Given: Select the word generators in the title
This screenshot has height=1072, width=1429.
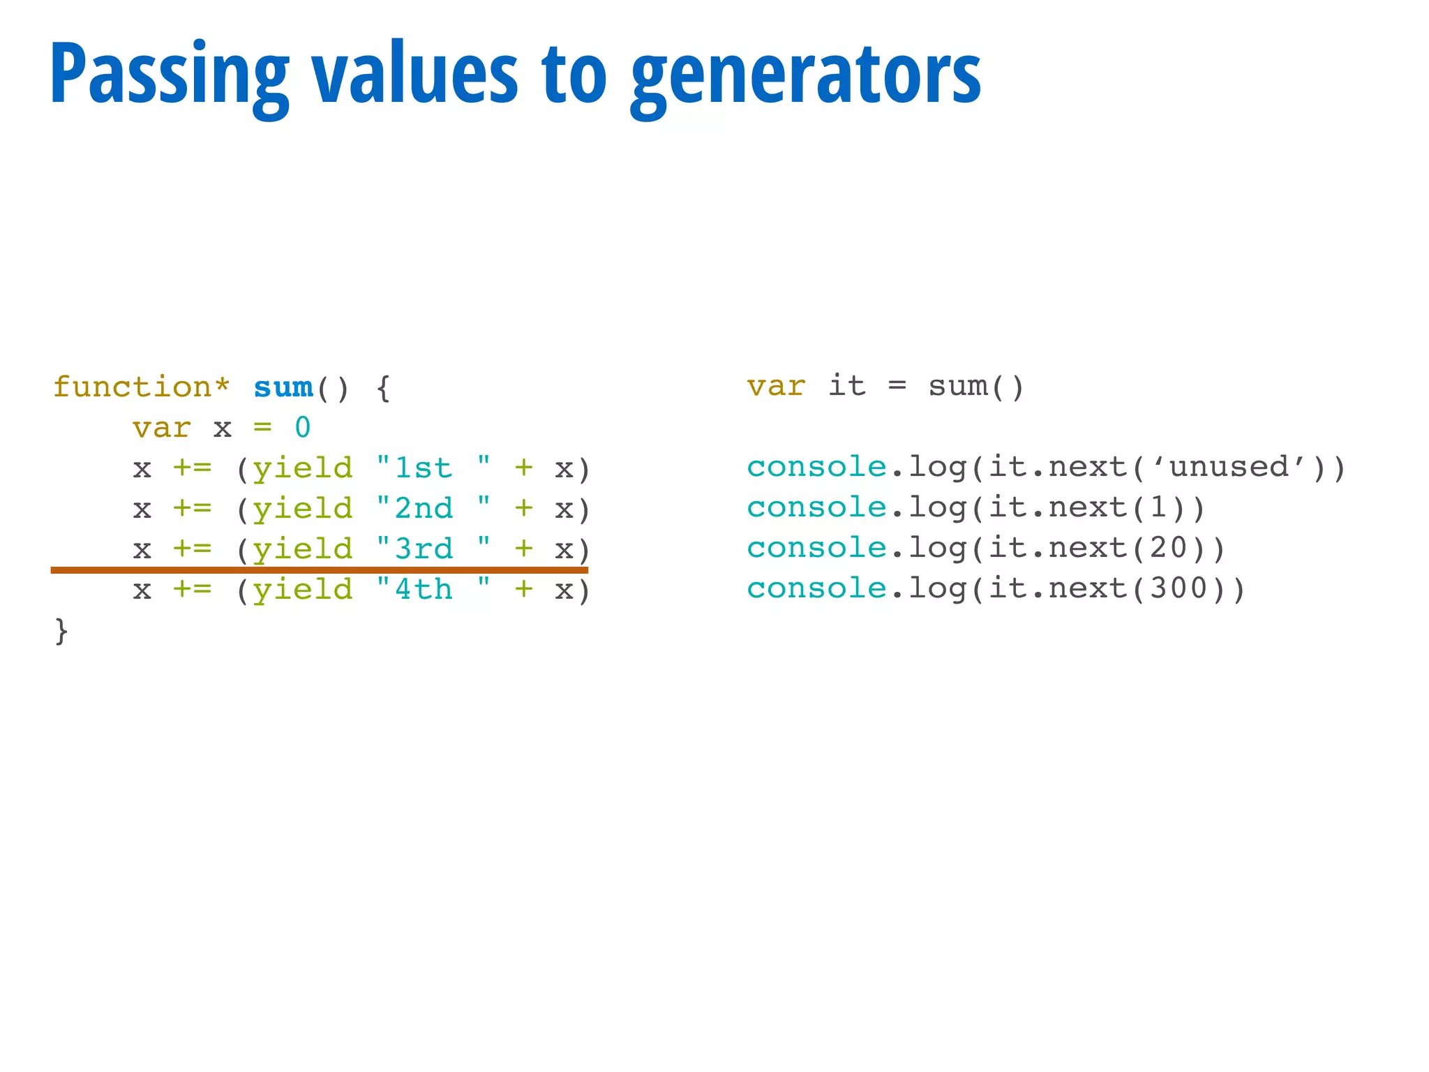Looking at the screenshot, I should [x=806, y=75].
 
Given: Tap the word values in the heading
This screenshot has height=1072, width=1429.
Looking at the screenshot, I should [x=414, y=75].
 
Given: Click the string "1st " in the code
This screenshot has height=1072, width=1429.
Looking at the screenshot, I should [x=433, y=468].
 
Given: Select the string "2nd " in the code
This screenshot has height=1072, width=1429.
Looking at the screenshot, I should [x=433, y=509].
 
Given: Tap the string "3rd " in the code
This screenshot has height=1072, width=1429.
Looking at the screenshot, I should [x=433, y=549].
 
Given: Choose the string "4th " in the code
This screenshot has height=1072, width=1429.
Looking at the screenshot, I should [x=433, y=590].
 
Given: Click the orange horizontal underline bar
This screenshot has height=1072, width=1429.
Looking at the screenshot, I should [x=320, y=570].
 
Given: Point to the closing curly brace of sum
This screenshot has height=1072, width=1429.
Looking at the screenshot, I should [x=61, y=630].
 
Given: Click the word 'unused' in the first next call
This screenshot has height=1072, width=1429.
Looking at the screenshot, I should [x=1229, y=467].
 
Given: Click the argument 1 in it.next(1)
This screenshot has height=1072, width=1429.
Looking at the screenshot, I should [x=1158, y=507].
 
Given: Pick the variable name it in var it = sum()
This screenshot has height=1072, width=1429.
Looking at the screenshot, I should [x=846, y=386].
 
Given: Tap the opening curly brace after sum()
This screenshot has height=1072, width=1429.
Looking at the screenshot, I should [x=383, y=387].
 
